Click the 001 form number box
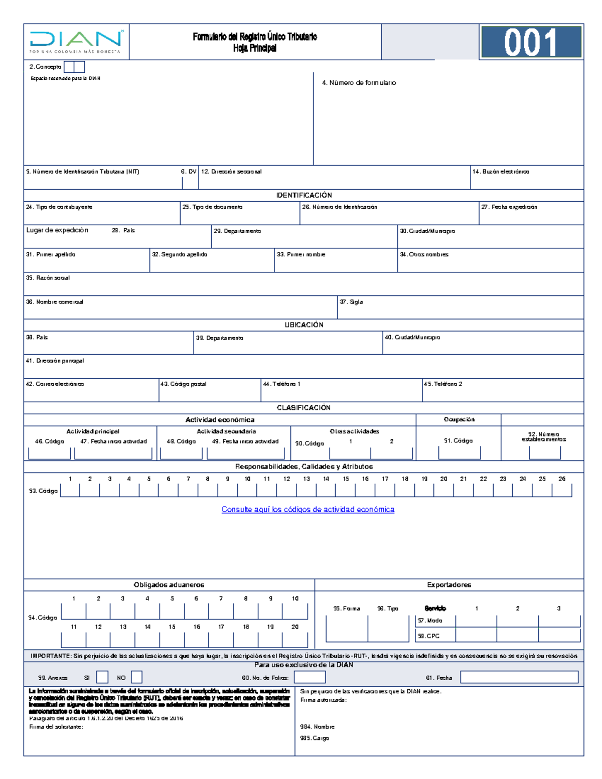click(x=531, y=42)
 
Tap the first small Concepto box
click(x=69, y=67)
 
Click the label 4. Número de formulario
click(x=359, y=83)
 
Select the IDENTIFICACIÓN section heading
click(x=304, y=195)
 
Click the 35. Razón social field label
click(x=48, y=278)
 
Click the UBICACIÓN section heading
click(x=304, y=325)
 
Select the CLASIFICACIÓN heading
click(x=304, y=408)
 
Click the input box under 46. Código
click(x=49, y=453)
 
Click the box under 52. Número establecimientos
click(x=544, y=452)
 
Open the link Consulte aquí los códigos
click(x=308, y=510)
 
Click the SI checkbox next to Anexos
click(x=102, y=677)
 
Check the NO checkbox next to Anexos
click(x=136, y=677)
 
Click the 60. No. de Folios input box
click(x=310, y=677)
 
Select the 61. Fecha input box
click(x=519, y=677)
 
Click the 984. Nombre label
click(x=317, y=727)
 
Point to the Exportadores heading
click(x=449, y=585)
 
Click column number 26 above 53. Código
click(x=562, y=479)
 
